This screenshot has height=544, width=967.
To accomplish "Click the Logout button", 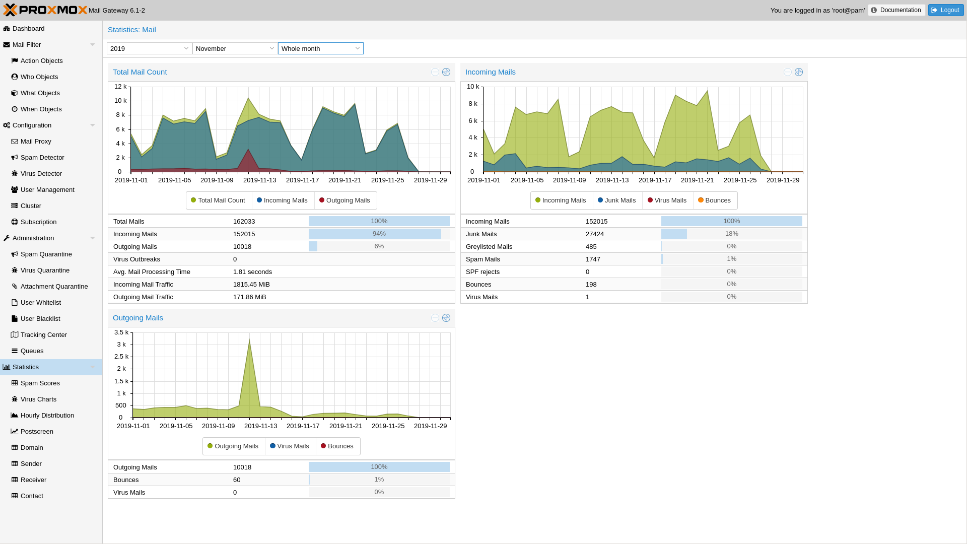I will (x=945, y=10).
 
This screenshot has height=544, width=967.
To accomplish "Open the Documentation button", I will (x=896, y=10).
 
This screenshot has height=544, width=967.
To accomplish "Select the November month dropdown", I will (x=235, y=48).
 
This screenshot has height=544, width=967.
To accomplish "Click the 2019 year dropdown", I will (x=149, y=48).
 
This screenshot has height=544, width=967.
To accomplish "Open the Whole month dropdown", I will (x=320, y=48).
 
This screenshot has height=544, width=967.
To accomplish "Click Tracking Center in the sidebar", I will (x=43, y=335).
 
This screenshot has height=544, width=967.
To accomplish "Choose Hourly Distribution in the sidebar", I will (x=47, y=416).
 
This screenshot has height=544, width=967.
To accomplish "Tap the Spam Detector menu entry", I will (x=42, y=158).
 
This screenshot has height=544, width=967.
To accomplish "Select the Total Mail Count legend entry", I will (x=218, y=200).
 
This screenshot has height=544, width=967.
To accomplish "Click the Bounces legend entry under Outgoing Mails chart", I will (x=337, y=446).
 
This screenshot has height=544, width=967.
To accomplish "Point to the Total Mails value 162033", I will (x=244, y=222).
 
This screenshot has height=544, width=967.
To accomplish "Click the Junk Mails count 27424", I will (x=594, y=234).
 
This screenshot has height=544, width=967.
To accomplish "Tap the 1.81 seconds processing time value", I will (x=252, y=272).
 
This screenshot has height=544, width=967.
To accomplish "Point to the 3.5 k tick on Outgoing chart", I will (x=121, y=332).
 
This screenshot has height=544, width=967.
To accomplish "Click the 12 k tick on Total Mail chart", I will (x=120, y=87).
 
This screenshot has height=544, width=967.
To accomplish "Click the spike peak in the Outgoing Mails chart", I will (x=249, y=341).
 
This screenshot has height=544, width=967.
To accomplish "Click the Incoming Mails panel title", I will (x=490, y=72).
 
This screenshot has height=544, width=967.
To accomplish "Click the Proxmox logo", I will (x=45, y=10).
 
